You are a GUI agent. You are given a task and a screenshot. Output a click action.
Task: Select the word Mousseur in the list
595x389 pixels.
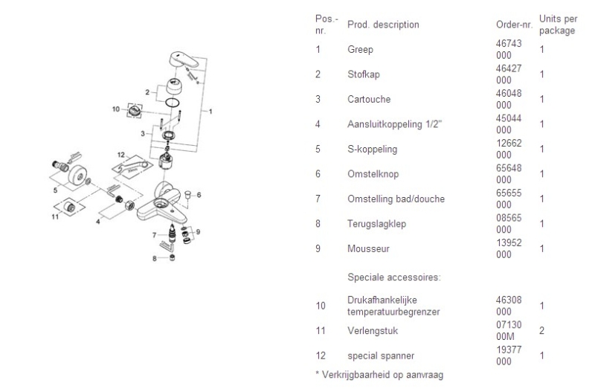pos(364,248)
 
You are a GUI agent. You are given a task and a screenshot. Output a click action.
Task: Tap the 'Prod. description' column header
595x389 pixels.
pos(382,25)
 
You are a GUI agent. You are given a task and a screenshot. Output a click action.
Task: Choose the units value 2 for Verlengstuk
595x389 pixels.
pos(542,330)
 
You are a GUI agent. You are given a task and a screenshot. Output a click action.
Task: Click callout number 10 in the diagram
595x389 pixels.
pos(116,109)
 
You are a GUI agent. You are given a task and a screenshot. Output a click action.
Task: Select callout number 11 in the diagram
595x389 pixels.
pos(55,217)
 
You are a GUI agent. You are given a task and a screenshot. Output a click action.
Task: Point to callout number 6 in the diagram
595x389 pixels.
pos(199,194)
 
